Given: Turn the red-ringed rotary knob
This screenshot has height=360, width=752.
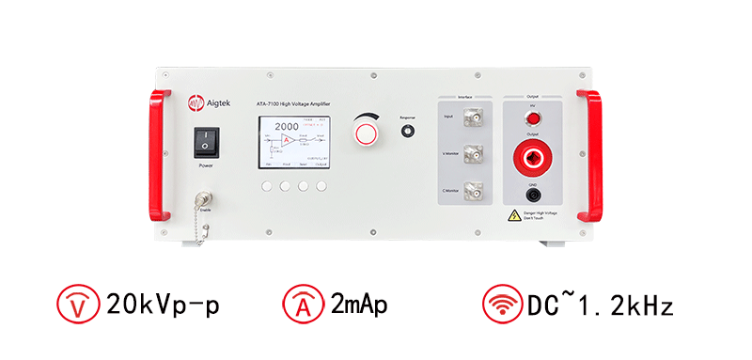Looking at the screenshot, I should pyautogui.click(x=368, y=133).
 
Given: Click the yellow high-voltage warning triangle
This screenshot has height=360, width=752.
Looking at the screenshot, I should pyautogui.click(x=513, y=215).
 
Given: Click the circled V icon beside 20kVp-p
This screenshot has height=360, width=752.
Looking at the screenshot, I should pyautogui.click(x=77, y=305).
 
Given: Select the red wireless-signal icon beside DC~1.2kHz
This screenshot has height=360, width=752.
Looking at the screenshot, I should pyautogui.click(x=500, y=305).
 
